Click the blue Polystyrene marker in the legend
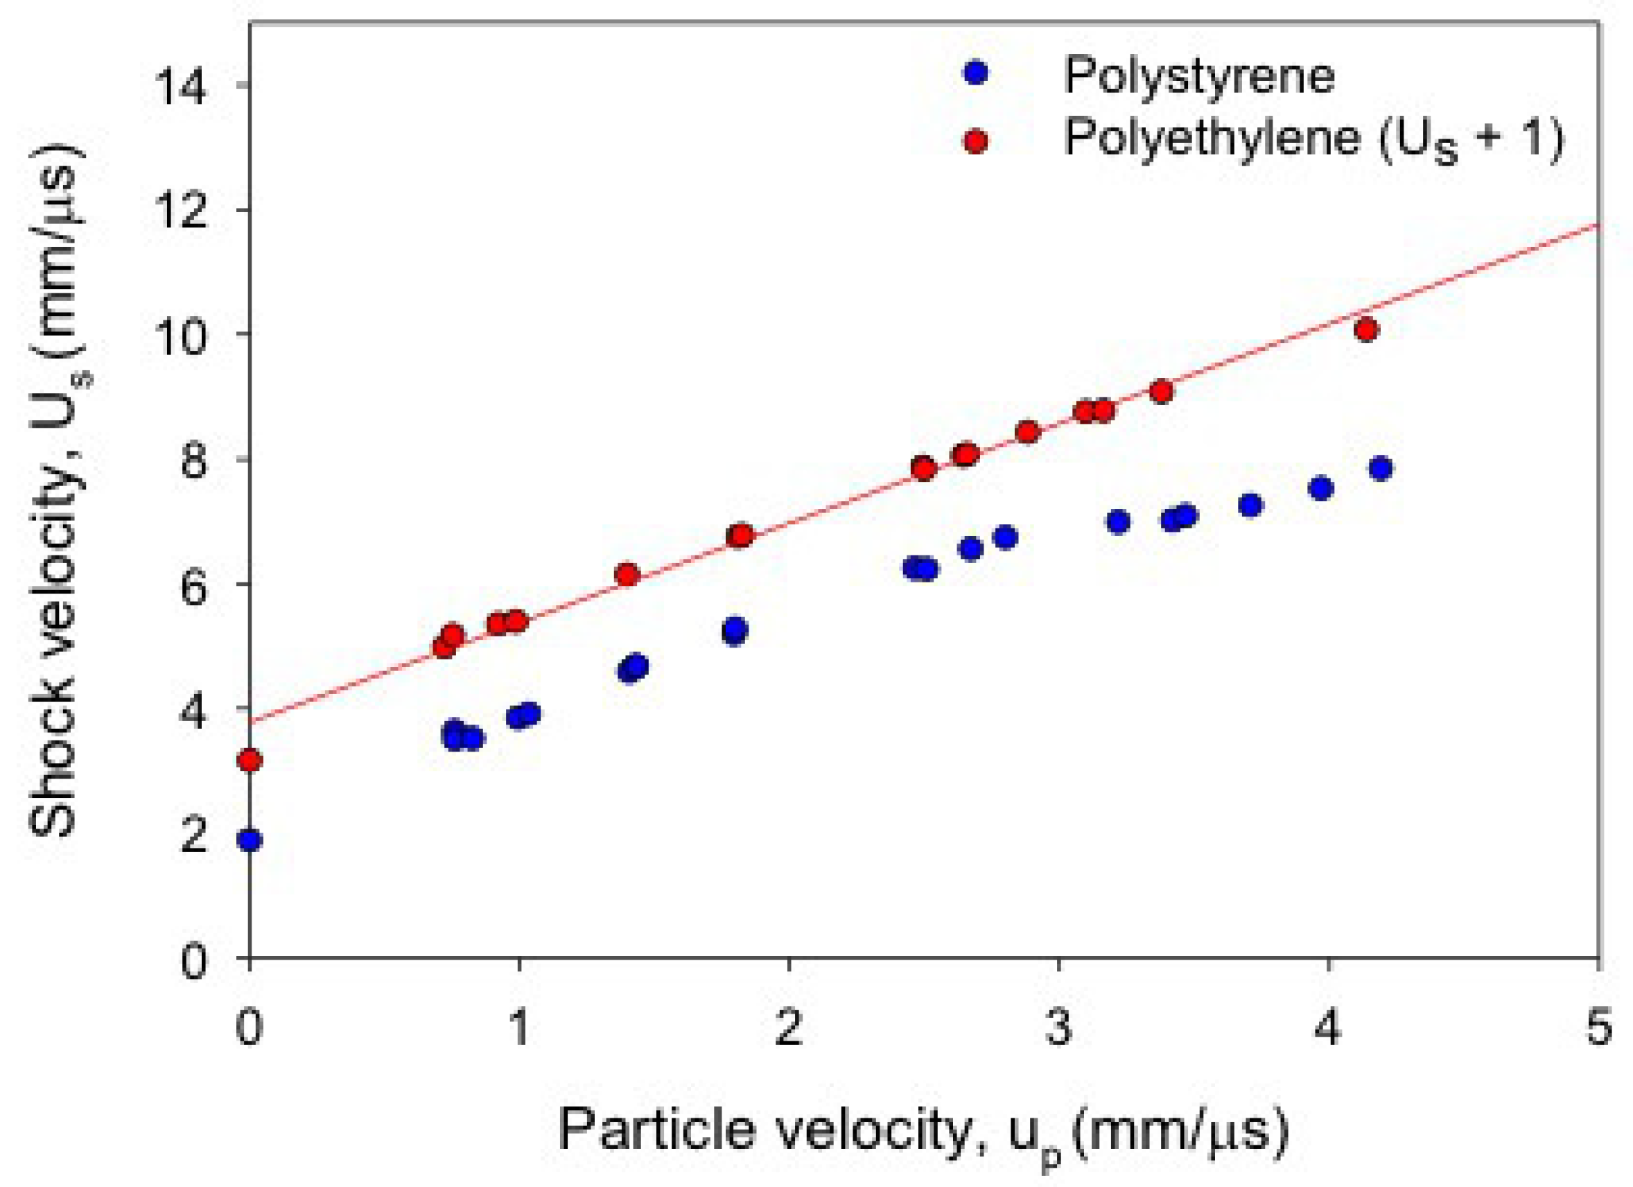click(977, 73)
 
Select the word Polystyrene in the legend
click(1200, 75)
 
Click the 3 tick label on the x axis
click(1058, 1028)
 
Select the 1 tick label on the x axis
click(519, 1028)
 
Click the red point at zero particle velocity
click(250, 760)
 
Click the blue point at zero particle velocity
click(250, 840)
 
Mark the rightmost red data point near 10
click(1366, 331)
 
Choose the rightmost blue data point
click(1380, 469)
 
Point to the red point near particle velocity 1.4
click(628, 574)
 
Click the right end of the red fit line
click(1597, 225)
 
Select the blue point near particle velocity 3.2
click(1118, 521)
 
